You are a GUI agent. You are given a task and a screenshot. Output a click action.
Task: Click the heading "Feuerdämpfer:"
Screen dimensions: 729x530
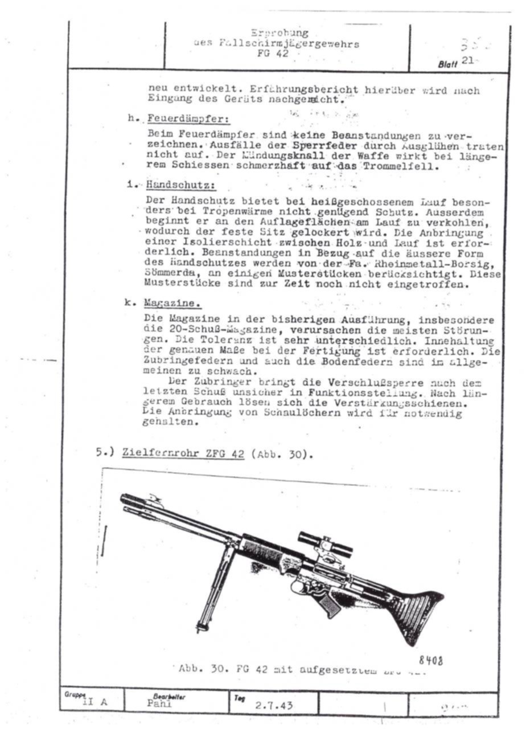pyautogui.click(x=187, y=120)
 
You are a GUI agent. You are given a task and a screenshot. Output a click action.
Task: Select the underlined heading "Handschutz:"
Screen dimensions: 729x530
pyautogui.click(x=180, y=185)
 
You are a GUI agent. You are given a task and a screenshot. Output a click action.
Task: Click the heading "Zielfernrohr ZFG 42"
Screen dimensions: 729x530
pyautogui.click(x=183, y=454)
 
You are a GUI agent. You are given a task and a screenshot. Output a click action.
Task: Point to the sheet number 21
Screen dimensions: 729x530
pyautogui.click(x=469, y=62)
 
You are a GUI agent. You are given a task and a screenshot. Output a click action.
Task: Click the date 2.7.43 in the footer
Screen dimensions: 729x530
pyautogui.click(x=274, y=706)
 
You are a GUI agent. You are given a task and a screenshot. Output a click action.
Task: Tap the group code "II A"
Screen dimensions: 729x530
pyautogui.click(x=95, y=702)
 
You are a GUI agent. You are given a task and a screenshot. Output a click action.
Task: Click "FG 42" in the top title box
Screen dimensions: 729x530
pyautogui.click(x=272, y=54)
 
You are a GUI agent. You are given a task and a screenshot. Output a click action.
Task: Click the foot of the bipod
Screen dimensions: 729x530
pyautogui.click(x=200, y=628)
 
